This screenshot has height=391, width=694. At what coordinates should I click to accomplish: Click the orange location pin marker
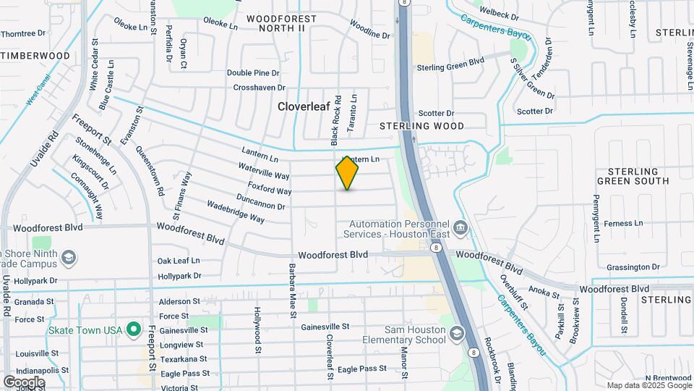tap(348, 173)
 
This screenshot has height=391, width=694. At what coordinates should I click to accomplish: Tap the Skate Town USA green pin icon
tap(133, 330)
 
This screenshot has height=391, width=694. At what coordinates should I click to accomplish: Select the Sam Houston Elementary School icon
tap(456, 333)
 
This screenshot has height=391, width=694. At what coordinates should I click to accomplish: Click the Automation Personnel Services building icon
tap(459, 230)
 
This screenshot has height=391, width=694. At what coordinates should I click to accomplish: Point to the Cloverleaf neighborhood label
tap(304, 106)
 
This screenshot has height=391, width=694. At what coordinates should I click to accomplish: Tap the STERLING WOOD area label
tap(422, 126)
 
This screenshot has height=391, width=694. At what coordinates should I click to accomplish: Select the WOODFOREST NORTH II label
tap(281, 22)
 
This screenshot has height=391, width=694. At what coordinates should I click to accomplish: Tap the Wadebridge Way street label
tap(235, 211)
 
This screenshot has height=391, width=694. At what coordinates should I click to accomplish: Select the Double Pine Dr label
tap(253, 73)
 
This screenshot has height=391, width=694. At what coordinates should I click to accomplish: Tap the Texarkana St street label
tap(183, 359)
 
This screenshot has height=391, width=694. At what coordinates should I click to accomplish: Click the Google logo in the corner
tap(23, 382)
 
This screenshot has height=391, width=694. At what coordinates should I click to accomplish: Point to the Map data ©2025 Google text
tap(648, 386)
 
